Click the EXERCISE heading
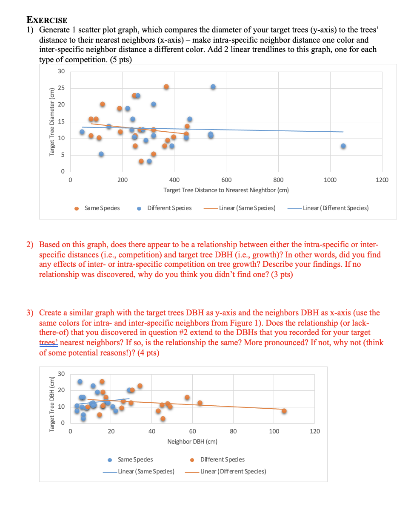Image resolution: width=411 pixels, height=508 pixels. [x=47, y=20]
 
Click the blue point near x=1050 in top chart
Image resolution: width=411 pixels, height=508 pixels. [x=343, y=146]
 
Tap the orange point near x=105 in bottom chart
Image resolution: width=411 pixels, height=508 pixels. [x=284, y=411]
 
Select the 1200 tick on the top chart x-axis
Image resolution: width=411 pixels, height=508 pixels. [x=382, y=180]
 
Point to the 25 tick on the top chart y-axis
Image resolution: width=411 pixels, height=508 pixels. [x=61, y=88]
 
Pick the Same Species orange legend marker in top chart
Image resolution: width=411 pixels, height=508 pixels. [x=77, y=208]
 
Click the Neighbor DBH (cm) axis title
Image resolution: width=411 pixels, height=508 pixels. [x=192, y=442]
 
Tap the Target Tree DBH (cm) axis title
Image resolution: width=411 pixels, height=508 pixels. [x=52, y=404]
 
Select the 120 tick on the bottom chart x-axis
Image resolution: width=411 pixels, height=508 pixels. [x=314, y=432]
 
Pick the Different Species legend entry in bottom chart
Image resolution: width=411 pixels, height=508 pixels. [x=222, y=459]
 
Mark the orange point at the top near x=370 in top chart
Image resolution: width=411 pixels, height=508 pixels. [x=166, y=87]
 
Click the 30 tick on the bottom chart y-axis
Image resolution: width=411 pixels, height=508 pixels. [x=61, y=374]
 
